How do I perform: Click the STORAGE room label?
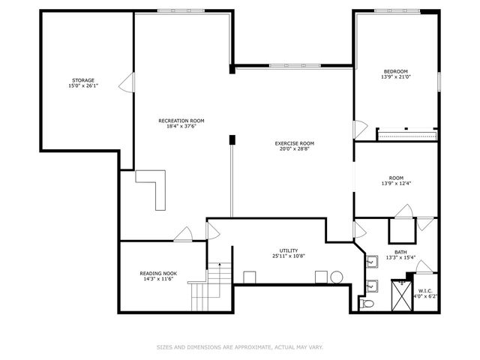[x=83, y=79]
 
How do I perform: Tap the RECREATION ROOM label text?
[x=181, y=120]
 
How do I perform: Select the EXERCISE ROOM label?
[x=294, y=142]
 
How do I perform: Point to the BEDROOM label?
[x=394, y=71]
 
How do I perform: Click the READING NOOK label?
[x=158, y=273]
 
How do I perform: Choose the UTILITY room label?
[x=289, y=250]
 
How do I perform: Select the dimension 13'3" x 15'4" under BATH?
[x=401, y=258]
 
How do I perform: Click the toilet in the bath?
[x=367, y=304]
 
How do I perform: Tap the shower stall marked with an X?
[x=401, y=297]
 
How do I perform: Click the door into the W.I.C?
[x=424, y=268]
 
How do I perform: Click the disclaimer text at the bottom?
[x=240, y=347]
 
